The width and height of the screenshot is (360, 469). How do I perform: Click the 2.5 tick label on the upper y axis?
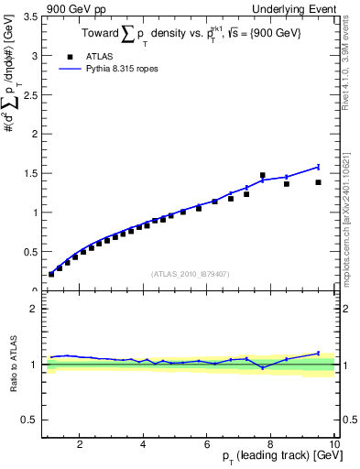[28, 95]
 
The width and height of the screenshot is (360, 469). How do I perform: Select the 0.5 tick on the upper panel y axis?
[28, 252]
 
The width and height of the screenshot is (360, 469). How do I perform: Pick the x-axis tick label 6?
[206, 444]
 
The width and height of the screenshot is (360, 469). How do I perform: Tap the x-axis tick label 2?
[80, 444]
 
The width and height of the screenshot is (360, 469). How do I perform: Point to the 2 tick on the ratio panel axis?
[33, 309]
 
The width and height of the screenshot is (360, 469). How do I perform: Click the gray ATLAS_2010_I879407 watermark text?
[190, 274]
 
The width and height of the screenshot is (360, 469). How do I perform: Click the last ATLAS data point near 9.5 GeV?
[318, 182]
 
